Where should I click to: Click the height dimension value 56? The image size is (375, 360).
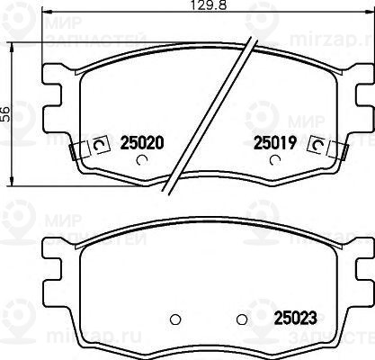coord(4,113)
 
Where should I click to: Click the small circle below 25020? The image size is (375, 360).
coord(140,162)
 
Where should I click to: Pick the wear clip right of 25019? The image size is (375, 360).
coord(317,145)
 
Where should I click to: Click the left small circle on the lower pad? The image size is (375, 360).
coord(176,320)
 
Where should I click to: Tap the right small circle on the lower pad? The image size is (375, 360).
coord(240,320)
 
